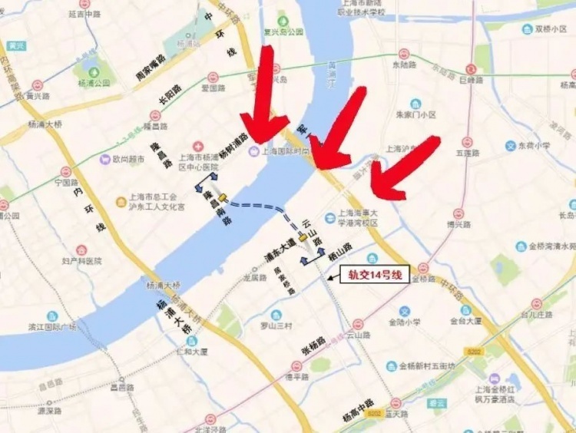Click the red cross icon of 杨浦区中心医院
pos(197,146)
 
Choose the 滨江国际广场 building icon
pos(51,316)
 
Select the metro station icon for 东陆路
pos(404,54)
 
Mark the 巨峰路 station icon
pos(472,68)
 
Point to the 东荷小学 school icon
pos(510,145)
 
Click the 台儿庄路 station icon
pos(537,303)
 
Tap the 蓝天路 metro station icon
pos(396,403)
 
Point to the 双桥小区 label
pos(550,29)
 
